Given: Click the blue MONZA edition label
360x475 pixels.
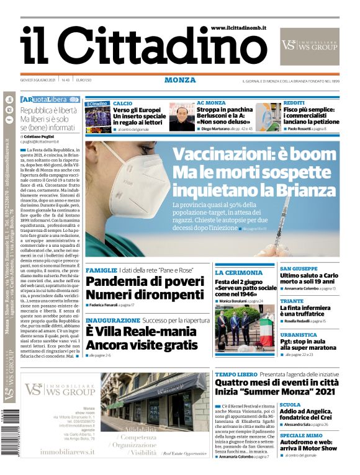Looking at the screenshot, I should pyautogui.click(x=180, y=80).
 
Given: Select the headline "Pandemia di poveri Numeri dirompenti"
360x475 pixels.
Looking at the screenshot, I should pyautogui.click(x=144, y=288).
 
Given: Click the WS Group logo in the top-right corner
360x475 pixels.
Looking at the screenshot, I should pyautogui.click(x=309, y=45).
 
